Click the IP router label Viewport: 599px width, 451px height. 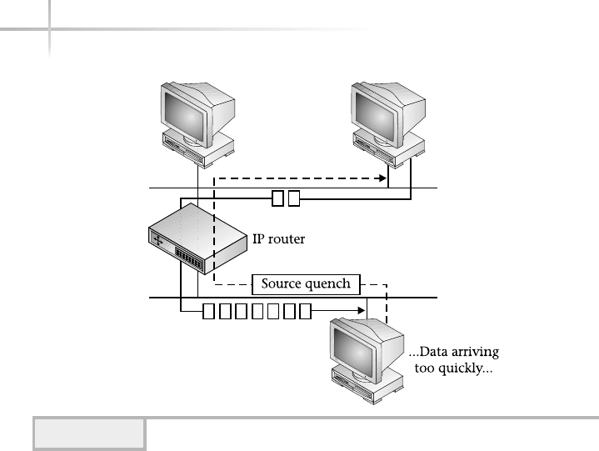point(279,238)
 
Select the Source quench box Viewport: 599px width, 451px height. point(307,283)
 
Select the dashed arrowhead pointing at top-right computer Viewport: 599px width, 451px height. point(383,178)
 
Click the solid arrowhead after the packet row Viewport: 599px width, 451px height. point(365,313)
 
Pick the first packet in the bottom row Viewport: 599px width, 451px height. point(208,313)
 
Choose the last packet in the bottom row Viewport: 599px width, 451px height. point(306,313)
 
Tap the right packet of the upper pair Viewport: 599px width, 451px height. point(293,198)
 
